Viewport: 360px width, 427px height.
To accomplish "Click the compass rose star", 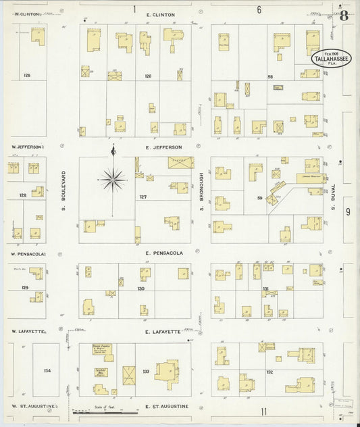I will (x=113, y=178).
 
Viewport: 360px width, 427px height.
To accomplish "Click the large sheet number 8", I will (x=344, y=16).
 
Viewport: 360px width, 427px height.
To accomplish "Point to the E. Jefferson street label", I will (x=163, y=147).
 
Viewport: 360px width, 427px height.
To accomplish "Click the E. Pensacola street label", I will (x=163, y=253).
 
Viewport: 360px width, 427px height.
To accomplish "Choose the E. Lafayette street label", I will (x=163, y=332).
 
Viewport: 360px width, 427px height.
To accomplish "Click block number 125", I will (x=27, y=75).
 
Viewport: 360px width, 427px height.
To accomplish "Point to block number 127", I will (x=143, y=197).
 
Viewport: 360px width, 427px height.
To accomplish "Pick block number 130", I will (x=140, y=288).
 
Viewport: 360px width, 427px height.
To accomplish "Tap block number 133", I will (x=147, y=371).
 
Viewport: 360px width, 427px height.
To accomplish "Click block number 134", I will (x=47, y=371).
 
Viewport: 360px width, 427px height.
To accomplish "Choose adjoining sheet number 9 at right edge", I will (x=349, y=211).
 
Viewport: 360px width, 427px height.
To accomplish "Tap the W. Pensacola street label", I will (x=28, y=254).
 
